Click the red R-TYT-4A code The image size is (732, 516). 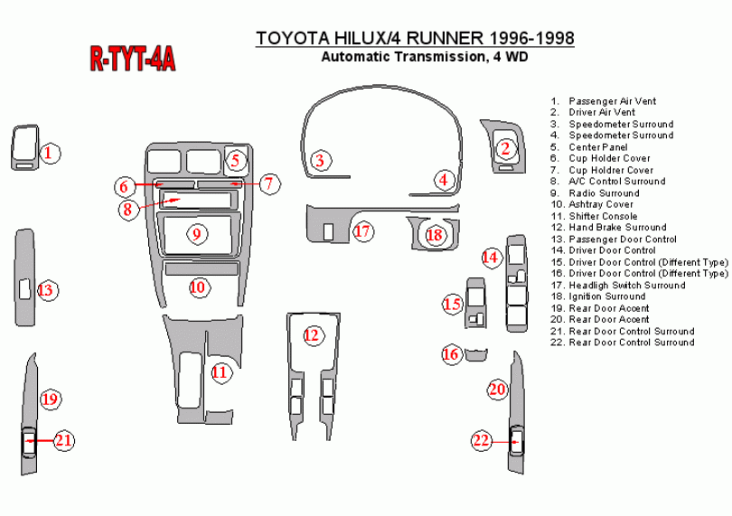click(x=132, y=60)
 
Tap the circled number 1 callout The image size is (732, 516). click(x=52, y=153)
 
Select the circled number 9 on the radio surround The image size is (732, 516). click(x=196, y=234)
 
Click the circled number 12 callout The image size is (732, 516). click(x=312, y=336)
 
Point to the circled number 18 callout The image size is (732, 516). click(x=436, y=235)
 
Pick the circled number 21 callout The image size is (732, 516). click(x=63, y=441)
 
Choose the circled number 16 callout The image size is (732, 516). click(x=451, y=354)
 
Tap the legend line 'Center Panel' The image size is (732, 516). click(x=597, y=146)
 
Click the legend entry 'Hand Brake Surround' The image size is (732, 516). click(x=617, y=228)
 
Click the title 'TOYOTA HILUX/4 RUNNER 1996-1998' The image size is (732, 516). click(x=415, y=38)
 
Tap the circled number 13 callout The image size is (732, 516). click(x=46, y=291)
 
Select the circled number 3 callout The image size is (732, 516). click(x=319, y=161)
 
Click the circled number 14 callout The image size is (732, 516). click(x=490, y=258)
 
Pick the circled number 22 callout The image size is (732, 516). click(x=481, y=441)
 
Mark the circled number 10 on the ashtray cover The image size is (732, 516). click(x=198, y=287)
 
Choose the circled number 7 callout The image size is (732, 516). click(x=269, y=183)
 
